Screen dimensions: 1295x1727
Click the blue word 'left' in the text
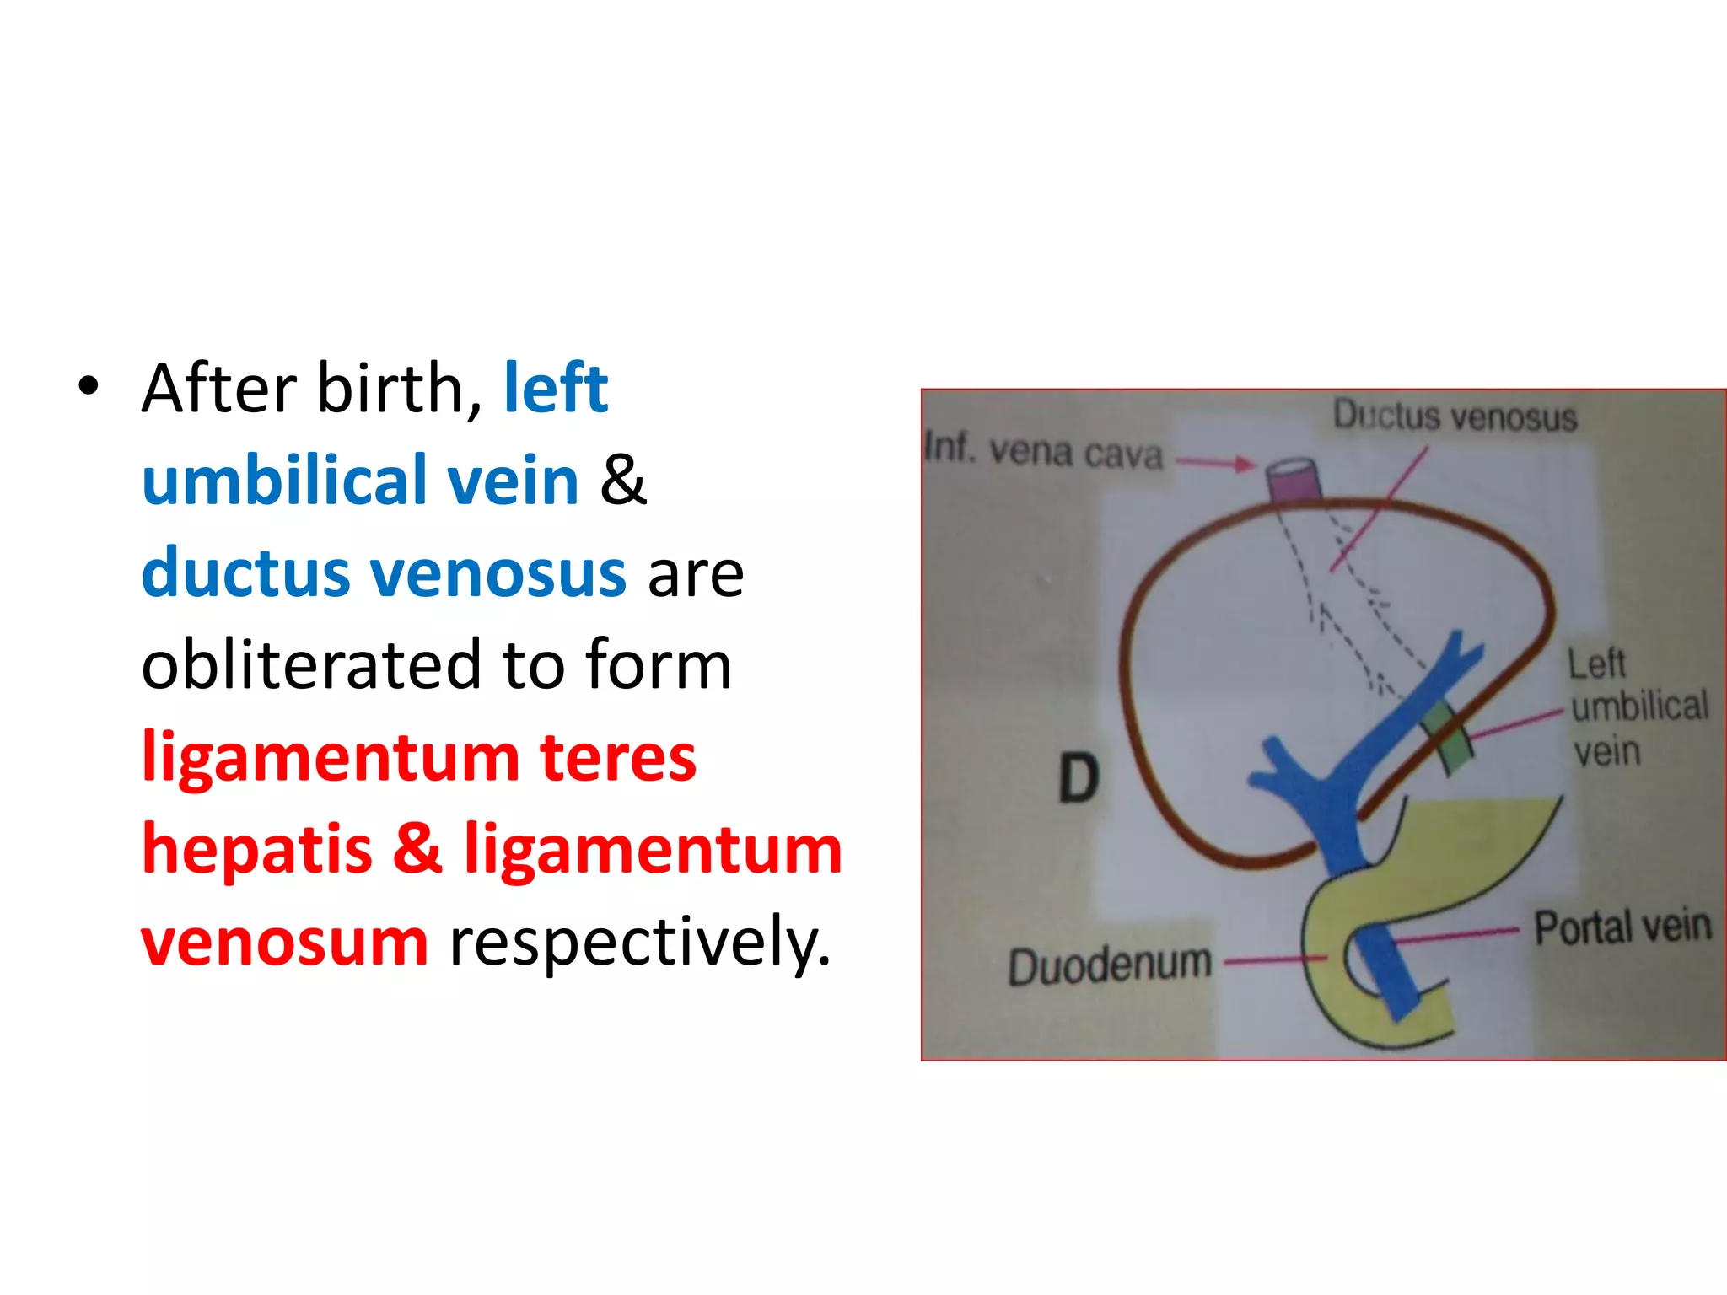(556, 389)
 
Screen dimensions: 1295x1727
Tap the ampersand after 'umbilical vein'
(623, 481)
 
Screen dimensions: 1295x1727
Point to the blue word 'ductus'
(245, 573)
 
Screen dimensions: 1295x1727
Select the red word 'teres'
(618, 757)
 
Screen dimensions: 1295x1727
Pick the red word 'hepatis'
(257, 849)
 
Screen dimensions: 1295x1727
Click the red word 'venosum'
(285, 941)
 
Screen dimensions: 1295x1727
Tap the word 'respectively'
(640, 941)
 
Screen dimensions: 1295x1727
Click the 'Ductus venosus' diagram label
(1455, 416)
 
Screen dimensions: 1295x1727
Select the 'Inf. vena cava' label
(1044, 451)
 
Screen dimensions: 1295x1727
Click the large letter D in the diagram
(1079, 777)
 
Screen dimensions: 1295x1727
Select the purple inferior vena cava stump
(1294, 481)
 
